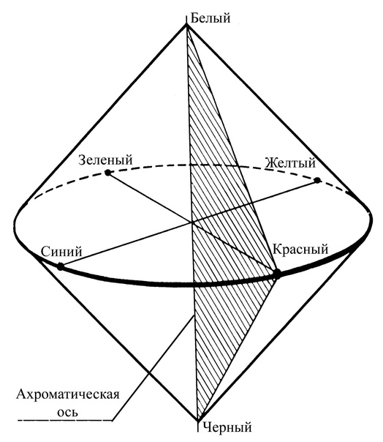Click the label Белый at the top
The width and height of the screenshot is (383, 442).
tap(211, 18)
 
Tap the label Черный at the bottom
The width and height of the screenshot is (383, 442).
tap(227, 427)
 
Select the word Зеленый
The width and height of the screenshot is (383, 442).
tap(105, 160)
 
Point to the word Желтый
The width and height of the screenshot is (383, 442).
tap(291, 163)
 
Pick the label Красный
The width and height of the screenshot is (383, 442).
tap(300, 250)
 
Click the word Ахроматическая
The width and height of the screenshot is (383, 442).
tap(67, 394)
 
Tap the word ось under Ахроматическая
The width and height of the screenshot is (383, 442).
tap(67, 413)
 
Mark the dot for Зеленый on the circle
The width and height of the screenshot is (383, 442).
tap(107, 173)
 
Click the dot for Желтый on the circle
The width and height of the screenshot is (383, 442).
tap(317, 180)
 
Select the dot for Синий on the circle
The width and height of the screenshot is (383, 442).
tap(60, 266)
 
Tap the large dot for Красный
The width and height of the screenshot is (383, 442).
tap(277, 274)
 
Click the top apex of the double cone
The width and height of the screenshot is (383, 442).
tap(186, 25)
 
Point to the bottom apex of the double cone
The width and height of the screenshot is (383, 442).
tap(198, 422)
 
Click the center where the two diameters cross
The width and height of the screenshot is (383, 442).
tap(192, 222)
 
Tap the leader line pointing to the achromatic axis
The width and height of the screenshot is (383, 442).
tap(153, 368)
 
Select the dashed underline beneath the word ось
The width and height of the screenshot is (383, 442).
tap(65, 421)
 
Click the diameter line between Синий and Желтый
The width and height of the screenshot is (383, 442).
tap(189, 223)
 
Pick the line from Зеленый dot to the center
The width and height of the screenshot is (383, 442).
tap(150, 198)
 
